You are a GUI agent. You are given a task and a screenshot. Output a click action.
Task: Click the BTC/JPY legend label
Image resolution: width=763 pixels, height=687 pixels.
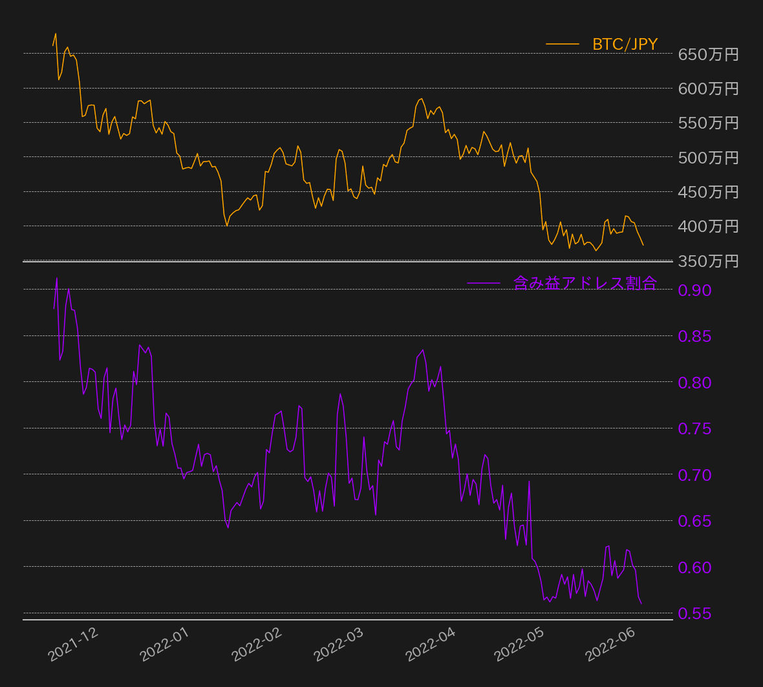click(x=625, y=45)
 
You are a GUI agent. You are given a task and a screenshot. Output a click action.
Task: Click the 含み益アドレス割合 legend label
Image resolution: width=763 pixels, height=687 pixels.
click(x=585, y=283)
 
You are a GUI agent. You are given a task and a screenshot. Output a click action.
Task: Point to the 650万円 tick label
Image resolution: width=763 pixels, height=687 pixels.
click(x=708, y=54)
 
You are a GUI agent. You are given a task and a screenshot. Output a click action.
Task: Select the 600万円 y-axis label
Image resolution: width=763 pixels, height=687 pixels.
click(x=708, y=89)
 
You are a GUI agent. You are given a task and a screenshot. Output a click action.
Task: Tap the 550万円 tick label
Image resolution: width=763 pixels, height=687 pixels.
click(x=708, y=123)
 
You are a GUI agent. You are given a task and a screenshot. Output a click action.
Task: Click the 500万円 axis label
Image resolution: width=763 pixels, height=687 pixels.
click(x=708, y=158)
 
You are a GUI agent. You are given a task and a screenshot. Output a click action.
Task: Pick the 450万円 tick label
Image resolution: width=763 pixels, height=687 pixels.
click(x=708, y=192)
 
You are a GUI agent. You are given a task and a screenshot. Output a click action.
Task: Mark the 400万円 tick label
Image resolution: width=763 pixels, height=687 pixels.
click(x=708, y=226)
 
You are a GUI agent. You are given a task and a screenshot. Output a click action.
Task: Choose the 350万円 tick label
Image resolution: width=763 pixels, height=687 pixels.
click(x=708, y=261)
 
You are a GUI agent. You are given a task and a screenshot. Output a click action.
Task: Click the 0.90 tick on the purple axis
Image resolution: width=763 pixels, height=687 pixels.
click(x=694, y=290)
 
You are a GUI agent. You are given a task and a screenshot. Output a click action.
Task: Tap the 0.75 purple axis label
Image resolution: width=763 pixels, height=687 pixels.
click(x=694, y=428)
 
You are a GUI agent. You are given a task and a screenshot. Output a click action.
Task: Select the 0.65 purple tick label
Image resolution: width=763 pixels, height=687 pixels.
click(x=694, y=521)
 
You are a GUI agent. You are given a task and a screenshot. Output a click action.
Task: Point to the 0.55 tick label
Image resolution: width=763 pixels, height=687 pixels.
click(x=694, y=613)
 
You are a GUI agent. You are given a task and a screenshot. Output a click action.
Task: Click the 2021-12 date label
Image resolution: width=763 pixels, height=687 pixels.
click(x=74, y=644)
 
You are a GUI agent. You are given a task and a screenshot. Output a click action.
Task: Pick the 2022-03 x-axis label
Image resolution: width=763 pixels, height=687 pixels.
click(x=339, y=644)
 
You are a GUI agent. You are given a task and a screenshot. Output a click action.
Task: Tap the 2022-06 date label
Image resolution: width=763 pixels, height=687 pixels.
click(x=610, y=644)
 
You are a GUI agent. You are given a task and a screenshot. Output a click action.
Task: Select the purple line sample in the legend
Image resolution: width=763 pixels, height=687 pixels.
click(x=483, y=283)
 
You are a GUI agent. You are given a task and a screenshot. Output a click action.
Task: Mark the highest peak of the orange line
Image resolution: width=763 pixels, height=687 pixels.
click(x=56, y=34)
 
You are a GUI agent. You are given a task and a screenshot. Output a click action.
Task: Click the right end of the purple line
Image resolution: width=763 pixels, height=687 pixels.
click(x=641, y=604)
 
